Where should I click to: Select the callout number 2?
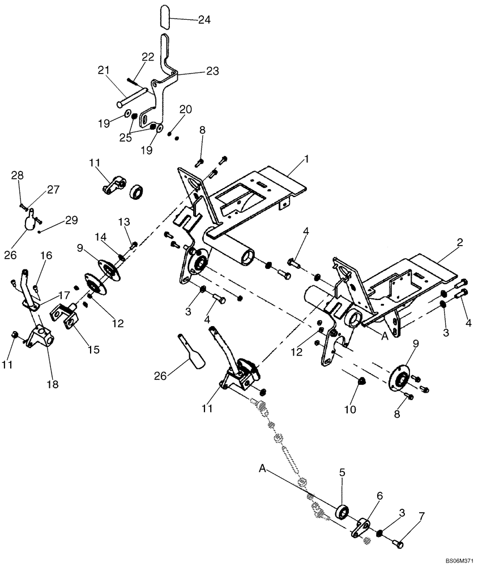coord(460,242)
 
